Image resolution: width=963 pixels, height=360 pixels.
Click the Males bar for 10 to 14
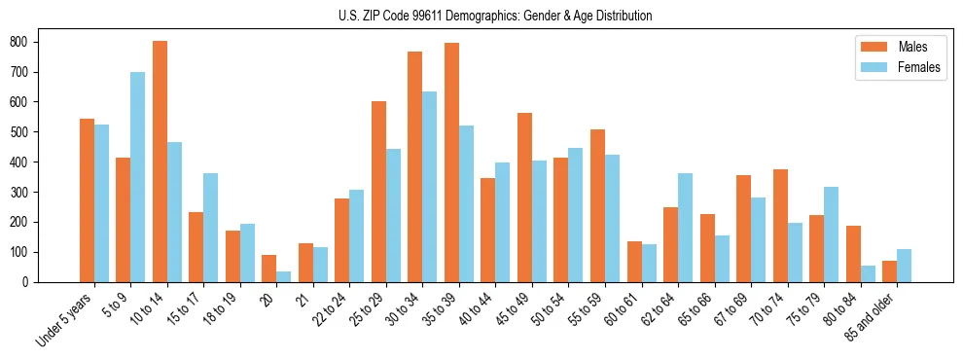(x=160, y=162)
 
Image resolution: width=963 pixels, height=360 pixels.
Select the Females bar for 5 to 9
(x=138, y=177)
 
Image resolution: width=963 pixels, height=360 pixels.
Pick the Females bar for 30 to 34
(x=430, y=187)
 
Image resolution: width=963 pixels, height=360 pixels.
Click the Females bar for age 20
(x=284, y=276)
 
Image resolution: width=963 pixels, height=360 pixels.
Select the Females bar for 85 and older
(x=904, y=266)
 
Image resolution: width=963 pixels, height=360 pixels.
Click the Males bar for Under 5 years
(x=87, y=200)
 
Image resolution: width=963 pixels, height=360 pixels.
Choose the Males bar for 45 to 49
(x=524, y=198)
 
